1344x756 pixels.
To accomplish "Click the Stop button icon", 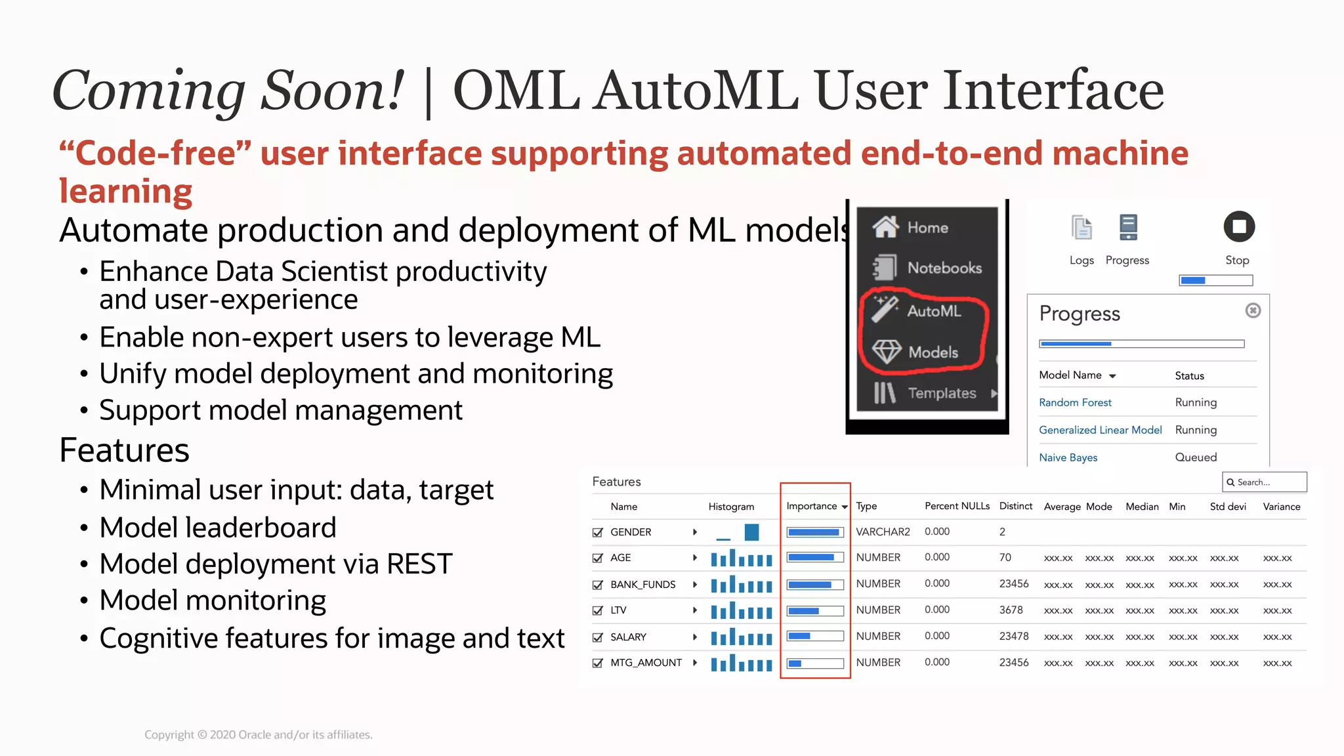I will (x=1239, y=227).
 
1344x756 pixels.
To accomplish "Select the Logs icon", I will (x=1081, y=228).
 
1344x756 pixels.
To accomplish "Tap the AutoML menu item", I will (x=933, y=311).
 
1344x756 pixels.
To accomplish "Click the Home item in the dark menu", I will (x=927, y=228).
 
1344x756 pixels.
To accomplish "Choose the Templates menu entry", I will (x=941, y=393).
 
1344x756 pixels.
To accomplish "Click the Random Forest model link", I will (x=1075, y=402).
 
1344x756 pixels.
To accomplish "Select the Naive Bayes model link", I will (x=1068, y=457).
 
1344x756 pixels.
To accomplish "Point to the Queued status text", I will (x=1196, y=457).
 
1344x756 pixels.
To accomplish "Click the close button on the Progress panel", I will (x=1253, y=310).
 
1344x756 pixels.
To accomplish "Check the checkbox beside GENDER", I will (x=598, y=532).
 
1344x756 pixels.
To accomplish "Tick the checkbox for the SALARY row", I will (x=598, y=637).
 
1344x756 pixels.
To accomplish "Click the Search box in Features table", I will (x=1264, y=482).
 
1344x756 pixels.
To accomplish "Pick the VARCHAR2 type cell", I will (x=883, y=532).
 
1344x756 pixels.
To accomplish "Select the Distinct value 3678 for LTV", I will (x=1011, y=610).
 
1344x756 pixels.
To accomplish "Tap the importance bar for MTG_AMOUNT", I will (x=815, y=663).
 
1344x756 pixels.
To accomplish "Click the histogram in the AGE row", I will (x=741, y=558).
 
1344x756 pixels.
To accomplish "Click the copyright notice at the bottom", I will (x=258, y=734).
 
